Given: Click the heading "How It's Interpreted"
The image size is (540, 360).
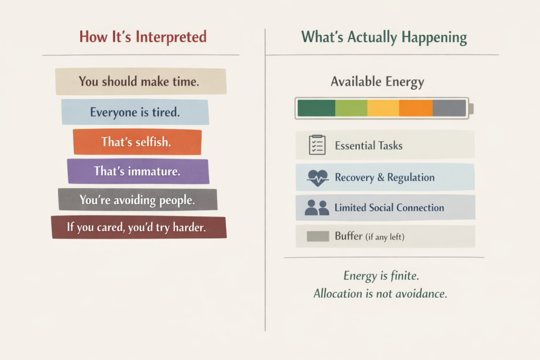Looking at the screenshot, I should point(142,37).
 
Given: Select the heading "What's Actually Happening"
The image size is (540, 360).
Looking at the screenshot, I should point(383,37).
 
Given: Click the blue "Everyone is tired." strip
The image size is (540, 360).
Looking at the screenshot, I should point(135,112).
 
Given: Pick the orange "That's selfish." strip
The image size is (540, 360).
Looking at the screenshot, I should point(137,142).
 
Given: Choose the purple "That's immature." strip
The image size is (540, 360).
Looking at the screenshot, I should point(138,171).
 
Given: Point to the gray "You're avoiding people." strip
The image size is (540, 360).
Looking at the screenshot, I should point(137,200).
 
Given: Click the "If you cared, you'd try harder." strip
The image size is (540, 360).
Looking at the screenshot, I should point(139,227).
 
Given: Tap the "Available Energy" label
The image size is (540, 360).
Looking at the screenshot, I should point(377,82).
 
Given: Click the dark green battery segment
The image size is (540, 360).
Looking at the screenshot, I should point(316,108).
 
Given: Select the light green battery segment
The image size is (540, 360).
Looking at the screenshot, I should point(351,108).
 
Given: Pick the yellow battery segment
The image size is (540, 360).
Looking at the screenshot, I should point(383,108).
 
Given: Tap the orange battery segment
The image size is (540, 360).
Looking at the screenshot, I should point(416,108).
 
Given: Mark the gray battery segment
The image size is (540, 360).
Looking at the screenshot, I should point(449,108).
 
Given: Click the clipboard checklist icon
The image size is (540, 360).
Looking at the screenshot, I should point(316,145).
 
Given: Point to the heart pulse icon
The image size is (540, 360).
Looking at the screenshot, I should point(317,178).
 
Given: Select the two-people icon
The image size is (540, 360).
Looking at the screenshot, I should point(317,208).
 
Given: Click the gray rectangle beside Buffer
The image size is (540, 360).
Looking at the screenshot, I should point(318,237).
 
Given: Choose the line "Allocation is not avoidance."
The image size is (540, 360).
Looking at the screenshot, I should point(380,294).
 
